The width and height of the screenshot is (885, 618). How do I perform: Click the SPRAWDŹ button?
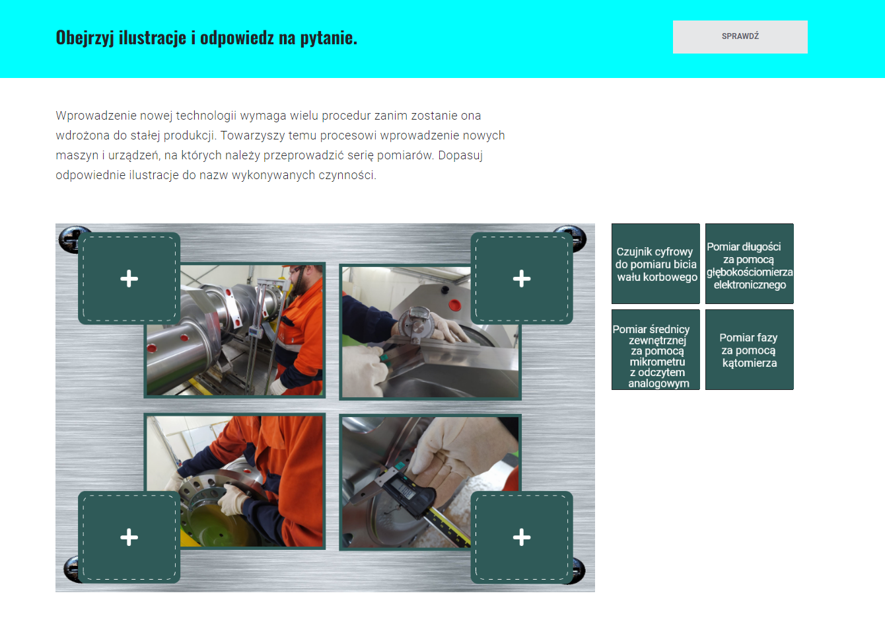(x=740, y=37)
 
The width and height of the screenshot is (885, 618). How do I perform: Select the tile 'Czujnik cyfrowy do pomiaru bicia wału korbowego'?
(x=655, y=264)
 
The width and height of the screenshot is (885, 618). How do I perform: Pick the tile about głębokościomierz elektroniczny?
(x=750, y=264)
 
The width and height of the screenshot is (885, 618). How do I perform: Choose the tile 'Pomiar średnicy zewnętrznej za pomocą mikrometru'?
(x=655, y=350)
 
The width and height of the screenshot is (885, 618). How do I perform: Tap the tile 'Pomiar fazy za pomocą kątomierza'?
(x=750, y=350)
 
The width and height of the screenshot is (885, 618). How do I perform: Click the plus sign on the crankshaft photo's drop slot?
(x=129, y=279)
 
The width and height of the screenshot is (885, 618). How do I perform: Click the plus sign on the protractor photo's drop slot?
(x=522, y=279)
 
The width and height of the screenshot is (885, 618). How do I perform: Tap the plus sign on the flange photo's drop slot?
(x=129, y=537)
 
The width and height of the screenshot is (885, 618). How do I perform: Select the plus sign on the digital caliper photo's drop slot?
(x=522, y=537)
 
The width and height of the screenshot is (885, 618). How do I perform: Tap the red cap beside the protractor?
(x=454, y=305)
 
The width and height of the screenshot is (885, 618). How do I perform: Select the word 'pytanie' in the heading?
(x=327, y=38)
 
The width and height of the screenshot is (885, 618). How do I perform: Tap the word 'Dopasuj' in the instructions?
(x=460, y=155)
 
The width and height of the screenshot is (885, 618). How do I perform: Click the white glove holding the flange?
(x=234, y=500)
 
